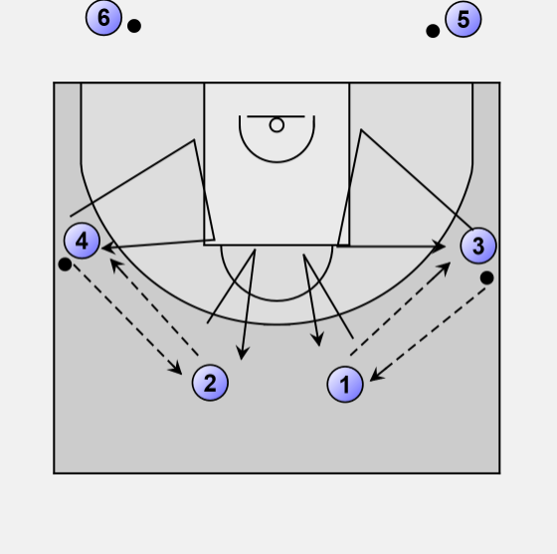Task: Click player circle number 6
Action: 103,17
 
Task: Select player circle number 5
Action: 464,19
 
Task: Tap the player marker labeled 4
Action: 82,241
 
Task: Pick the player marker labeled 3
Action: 478,246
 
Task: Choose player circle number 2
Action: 210,383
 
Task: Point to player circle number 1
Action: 345,385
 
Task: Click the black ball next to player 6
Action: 134,26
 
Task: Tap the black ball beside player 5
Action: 433,31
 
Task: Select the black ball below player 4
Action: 65,265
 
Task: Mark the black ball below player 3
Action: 486,277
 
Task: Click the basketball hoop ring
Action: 277,125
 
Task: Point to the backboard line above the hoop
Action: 276,116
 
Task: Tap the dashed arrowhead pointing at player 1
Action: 376,376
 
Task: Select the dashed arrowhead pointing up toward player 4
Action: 115,264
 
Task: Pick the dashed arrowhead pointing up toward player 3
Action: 445,268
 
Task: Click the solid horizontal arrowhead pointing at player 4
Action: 107,248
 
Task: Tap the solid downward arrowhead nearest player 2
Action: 243,354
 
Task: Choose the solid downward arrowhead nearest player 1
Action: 318,340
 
